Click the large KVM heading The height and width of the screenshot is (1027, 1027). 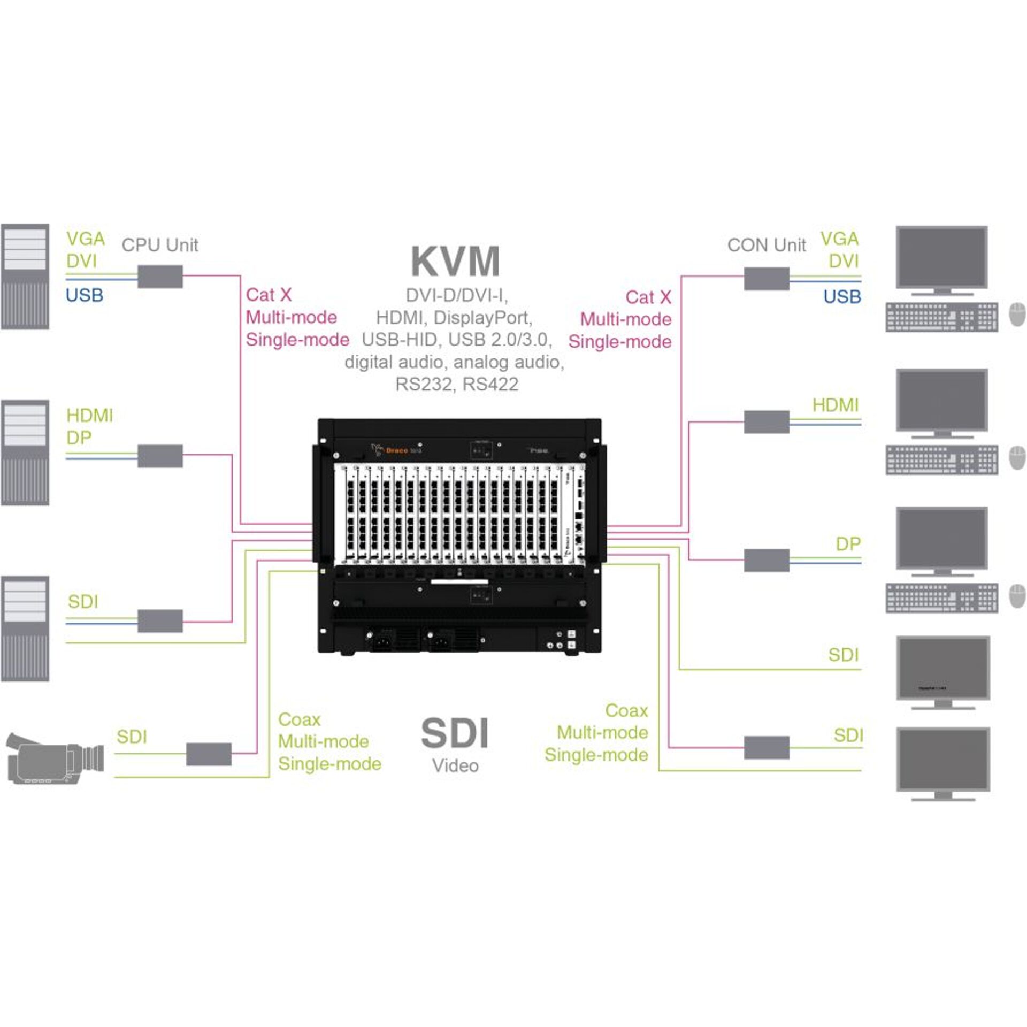coord(455,262)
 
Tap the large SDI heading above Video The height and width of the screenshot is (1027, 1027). coord(455,733)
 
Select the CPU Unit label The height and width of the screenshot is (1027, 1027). coord(159,246)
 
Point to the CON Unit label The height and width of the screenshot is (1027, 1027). coord(766,246)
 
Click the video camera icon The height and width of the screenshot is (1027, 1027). coord(55,758)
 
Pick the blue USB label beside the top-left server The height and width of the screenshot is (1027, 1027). coord(84,295)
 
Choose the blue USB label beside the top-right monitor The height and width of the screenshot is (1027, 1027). coord(842,296)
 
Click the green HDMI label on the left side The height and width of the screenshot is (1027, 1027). coord(89,416)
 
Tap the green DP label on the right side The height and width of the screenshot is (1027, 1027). coord(847,544)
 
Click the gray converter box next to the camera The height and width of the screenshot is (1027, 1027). coord(209,754)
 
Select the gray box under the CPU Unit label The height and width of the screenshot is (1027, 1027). coord(160,277)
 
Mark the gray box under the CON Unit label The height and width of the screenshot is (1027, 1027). coord(767,279)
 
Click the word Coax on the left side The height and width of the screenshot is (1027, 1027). coord(299,719)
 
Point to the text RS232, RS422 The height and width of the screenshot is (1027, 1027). coord(457,384)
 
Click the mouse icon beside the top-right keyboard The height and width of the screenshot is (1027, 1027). coord(1017,316)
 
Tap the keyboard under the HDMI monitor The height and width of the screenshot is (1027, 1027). coord(941,460)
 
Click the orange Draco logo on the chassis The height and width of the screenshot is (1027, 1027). coord(396,450)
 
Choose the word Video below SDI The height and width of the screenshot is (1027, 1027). coord(455,766)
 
